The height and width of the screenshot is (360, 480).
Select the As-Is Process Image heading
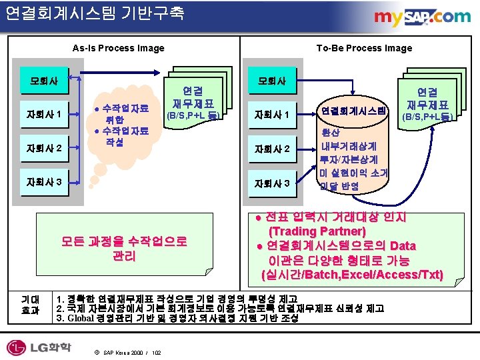click(x=118, y=48)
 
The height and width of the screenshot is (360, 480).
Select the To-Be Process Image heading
click(x=363, y=48)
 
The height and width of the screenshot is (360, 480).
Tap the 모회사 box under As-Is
click(x=43, y=82)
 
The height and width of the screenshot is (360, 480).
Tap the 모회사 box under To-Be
click(x=271, y=81)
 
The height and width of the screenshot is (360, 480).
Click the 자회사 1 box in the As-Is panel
click(x=43, y=115)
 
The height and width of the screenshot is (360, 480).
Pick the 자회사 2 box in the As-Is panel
click(x=43, y=147)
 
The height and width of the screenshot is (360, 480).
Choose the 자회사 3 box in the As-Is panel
click(x=43, y=181)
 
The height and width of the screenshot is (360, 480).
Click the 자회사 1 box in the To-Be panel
click(x=271, y=116)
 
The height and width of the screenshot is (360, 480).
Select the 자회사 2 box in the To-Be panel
click(x=271, y=148)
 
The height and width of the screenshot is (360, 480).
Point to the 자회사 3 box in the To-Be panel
click(x=271, y=181)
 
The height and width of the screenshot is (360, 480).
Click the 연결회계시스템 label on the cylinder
click(x=353, y=111)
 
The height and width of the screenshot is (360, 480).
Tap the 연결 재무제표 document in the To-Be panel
click(x=427, y=103)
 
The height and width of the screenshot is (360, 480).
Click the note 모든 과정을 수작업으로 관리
click(x=124, y=248)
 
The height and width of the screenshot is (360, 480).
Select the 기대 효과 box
click(x=30, y=305)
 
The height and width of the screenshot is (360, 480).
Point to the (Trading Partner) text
click(x=317, y=231)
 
